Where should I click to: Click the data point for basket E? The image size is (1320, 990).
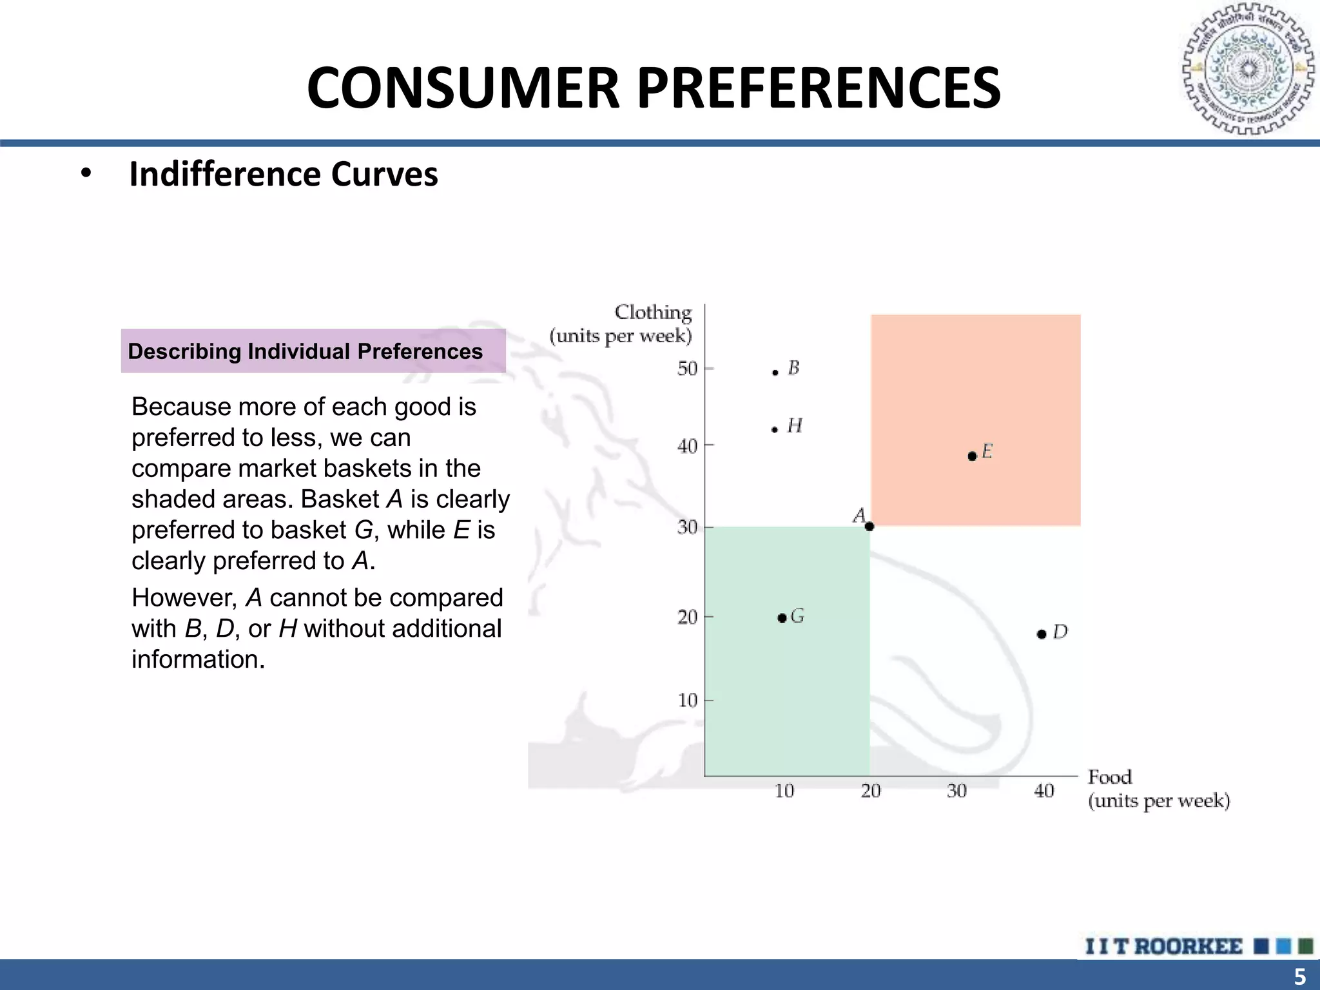(x=972, y=456)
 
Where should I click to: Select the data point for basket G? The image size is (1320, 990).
(x=782, y=618)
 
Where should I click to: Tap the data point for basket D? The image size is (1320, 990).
(x=1042, y=634)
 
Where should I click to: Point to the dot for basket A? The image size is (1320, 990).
(x=869, y=527)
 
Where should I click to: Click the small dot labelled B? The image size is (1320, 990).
(x=775, y=373)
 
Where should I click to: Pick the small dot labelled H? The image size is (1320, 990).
(x=775, y=429)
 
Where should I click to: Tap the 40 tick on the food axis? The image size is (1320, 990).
(x=1044, y=791)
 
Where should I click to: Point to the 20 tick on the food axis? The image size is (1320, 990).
(x=871, y=791)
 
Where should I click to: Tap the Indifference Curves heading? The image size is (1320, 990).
(x=284, y=174)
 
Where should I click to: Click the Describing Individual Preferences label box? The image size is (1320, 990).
(x=313, y=351)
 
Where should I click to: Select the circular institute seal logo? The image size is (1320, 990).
(x=1248, y=70)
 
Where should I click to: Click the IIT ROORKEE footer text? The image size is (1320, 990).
(x=1164, y=946)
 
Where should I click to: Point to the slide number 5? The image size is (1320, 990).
(x=1300, y=976)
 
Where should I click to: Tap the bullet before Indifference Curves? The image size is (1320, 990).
(x=86, y=174)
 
